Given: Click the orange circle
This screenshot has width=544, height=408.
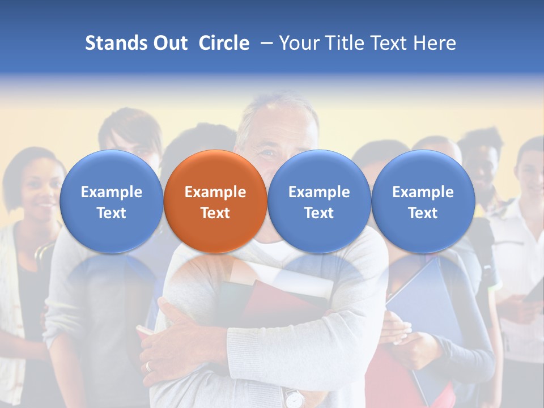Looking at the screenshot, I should tap(215, 201).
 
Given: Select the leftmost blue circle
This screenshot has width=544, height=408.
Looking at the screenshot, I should tap(111, 201).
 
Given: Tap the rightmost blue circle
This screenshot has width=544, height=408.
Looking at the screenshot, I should tap(423, 201).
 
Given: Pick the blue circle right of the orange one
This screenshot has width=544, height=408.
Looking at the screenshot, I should tap(319, 201).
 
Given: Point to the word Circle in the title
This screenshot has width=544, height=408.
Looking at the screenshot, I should tap(224, 43).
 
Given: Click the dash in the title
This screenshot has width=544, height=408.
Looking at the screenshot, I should tap(265, 43).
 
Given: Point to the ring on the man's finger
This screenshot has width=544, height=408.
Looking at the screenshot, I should tap(148, 366).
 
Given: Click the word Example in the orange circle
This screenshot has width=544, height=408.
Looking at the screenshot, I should tap(215, 192).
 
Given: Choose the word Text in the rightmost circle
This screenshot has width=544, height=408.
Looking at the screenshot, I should tap(423, 213).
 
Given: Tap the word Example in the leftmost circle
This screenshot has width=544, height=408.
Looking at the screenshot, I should tap(111, 192).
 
